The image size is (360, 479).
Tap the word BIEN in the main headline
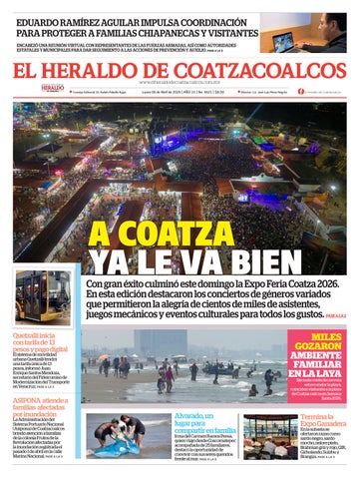pos(236,263)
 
